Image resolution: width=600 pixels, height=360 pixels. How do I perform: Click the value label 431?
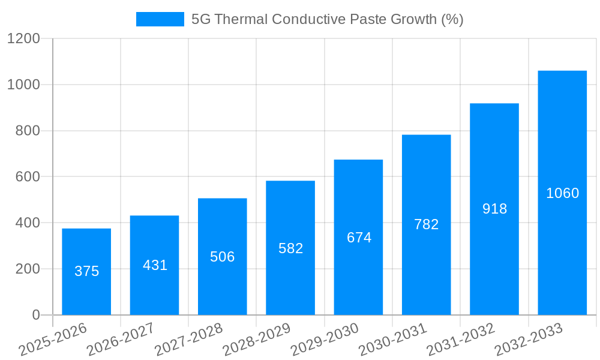click(x=155, y=265)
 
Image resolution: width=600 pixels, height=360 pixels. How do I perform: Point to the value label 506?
click(x=223, y=257)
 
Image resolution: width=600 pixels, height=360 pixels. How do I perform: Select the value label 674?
click(x=359, y=238)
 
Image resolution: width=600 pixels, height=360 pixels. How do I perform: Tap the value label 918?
click(x=494, y=209)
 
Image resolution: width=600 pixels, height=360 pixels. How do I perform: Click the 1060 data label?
click(x=562, y=193)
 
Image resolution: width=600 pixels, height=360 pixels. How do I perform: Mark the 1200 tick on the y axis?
click(x=23, y=39)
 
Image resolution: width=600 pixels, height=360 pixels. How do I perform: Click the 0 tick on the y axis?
click(x=35, y=315)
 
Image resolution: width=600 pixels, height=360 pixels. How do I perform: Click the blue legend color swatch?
click(x=160, y=19)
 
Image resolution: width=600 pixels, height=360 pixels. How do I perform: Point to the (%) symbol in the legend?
click(x=452, y=19)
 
